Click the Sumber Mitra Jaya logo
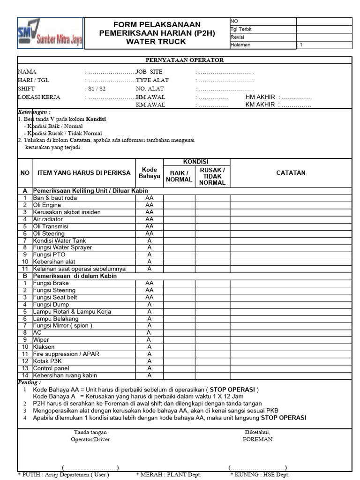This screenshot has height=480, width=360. click(50, 33)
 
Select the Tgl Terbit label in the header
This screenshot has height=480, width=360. click(241, 29)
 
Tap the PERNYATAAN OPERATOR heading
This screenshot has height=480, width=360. click(184, 60)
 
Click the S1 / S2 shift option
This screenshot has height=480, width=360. click(96, 89)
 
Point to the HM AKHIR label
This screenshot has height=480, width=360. click(260, 97)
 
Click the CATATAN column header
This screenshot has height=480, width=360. click(291, 172)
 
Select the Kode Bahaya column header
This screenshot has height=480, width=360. click(149, 172)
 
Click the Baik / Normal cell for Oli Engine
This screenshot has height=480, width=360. click(179, 205)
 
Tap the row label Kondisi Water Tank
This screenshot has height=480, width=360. click(60, 240)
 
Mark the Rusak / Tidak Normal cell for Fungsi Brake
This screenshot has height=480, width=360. click(212, 283)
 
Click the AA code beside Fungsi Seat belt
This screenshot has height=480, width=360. click(149, 298)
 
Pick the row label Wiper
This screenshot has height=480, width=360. click(41, 340)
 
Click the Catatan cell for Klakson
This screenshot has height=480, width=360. click(291, 347)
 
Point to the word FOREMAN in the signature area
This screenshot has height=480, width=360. click(257, 439)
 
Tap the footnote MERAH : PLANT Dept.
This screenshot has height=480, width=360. click(168, 475)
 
